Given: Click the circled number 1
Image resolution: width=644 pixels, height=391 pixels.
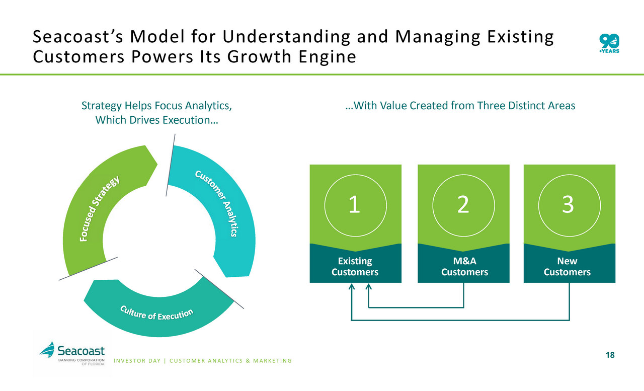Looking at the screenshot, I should (355, 205).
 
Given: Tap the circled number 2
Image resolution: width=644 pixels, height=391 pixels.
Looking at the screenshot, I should (463, 205).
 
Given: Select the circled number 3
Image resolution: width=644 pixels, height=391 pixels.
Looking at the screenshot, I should (569, 205).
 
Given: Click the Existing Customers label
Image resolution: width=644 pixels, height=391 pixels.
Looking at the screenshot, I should (355, 267).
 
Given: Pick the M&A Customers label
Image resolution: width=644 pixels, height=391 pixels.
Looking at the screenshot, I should (464, 267).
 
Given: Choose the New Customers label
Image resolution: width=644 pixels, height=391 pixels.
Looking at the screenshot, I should (568, 267).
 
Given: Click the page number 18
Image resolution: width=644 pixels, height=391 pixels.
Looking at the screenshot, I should (610, 355).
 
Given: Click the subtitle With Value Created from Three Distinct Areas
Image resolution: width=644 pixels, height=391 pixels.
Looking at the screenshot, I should (460, 106).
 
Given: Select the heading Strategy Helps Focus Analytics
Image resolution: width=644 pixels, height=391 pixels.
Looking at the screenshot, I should (157, 106).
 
